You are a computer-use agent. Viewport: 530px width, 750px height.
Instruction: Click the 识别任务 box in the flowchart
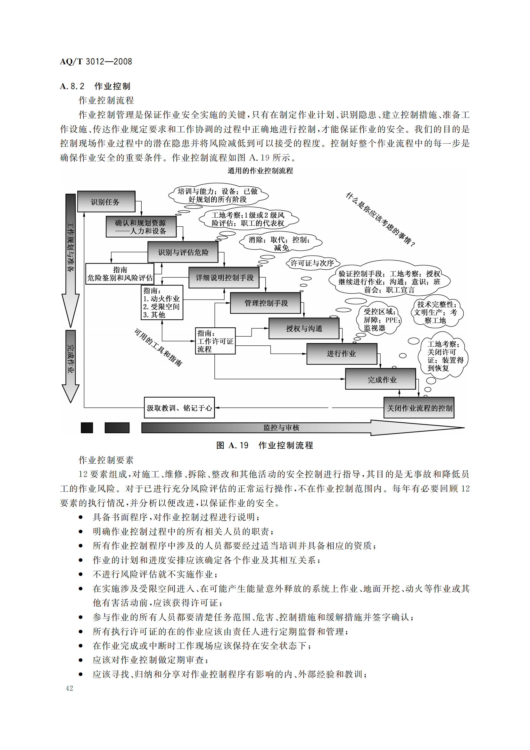(106, 202)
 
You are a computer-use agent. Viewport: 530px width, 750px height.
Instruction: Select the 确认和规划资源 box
(141, 227)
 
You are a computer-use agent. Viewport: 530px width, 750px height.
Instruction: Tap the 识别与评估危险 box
(183, 252)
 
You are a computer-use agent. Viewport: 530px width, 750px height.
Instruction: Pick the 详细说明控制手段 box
(224, 277)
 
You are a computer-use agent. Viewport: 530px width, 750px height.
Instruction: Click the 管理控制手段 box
(265, 303)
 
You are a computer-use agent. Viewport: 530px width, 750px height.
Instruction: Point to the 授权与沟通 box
(304, 328)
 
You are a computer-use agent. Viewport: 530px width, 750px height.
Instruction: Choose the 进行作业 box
(342, 353)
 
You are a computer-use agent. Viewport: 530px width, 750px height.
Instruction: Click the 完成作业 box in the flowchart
(381, 379)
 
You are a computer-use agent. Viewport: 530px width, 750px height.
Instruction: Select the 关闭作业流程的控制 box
(419, 408)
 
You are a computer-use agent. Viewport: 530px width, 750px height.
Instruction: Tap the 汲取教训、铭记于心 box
(179, 408)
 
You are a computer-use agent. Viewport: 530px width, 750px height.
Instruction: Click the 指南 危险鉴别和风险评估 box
(120, 274)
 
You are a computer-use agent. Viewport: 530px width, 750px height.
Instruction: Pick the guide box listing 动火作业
(162, 302)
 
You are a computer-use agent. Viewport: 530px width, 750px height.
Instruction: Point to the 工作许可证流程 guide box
(215, 341)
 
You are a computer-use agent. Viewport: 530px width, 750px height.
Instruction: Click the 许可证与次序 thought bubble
(312, 263)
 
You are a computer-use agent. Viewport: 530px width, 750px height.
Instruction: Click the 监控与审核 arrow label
(281, 427)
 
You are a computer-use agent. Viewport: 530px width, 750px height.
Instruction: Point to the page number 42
(69, 688)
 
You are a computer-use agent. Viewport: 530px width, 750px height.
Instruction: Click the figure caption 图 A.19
(265, 445)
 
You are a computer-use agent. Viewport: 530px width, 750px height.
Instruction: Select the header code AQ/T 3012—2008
(96, 62)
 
